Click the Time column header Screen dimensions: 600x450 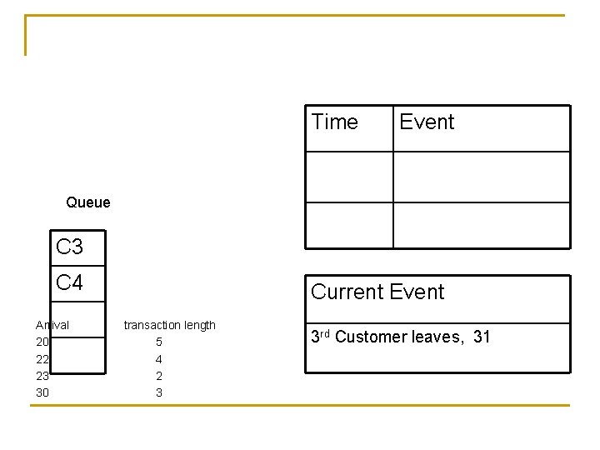pyautogui.click(x=334, y=122)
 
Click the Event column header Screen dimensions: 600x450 pyautogui.click(x=427, y=122)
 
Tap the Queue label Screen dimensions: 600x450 pyautogui.click(x=87, y=202)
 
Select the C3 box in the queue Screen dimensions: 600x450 pyautogui.click(x=70, y=247)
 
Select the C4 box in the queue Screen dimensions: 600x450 pyautogui.click(x=70, y=282)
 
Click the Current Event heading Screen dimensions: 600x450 pyautogui.click(x=377, y=292)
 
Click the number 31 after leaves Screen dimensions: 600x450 pyautogui.click(x=481, y=337)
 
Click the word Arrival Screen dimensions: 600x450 pyautogui.click(x=52, y=325)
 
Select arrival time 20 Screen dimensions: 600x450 pyautogui.click(x=42, y=342)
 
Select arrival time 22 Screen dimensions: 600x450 pyautogui.click(x=42, y=359)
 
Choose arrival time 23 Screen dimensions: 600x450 pyautogui.click(x=42, y=376)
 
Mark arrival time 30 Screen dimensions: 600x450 pyautogui.click(x=42, y=392)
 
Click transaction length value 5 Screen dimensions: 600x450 pyautogui.click(x=159, y=342)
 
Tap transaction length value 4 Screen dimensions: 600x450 pyautogui.click(x=159, y=359)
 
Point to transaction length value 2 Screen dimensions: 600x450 pyautogui.click(x=159, y=376)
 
